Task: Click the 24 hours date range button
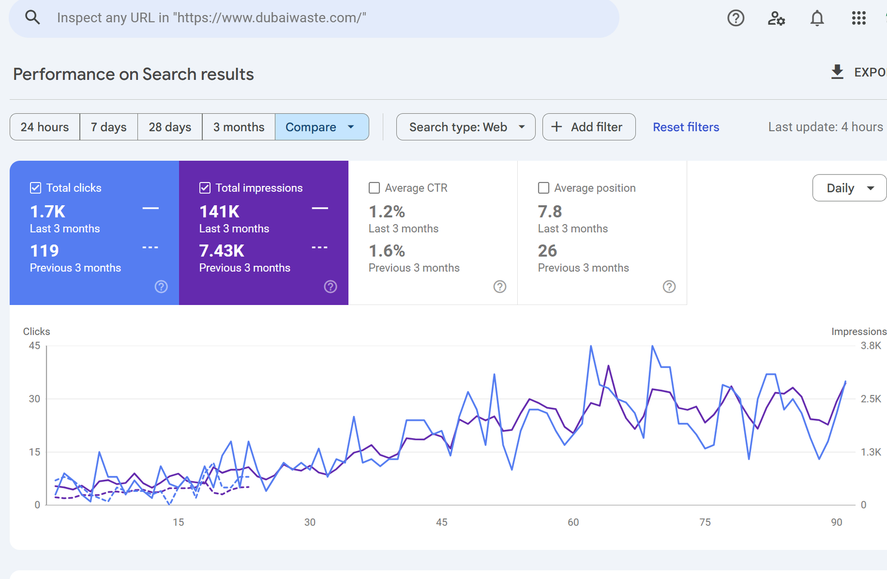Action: [45, 127]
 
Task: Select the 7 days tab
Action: [109, 127]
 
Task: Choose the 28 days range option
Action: [170, 127]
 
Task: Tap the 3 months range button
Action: [238, 127]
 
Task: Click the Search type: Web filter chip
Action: [466, 127]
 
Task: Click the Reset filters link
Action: [686, 127]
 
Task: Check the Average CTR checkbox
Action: [374, 188]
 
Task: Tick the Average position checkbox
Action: [544, 188]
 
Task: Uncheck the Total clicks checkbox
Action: [35, 188]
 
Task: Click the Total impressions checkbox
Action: [205, 188]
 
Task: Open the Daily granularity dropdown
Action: [849, 188]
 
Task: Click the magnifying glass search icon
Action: [33, 18]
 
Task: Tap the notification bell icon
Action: [817, 18]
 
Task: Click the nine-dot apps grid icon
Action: [859, 18]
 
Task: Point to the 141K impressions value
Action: [220, 211]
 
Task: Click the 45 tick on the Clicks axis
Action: [34, 346]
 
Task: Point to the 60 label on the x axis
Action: [573, 522]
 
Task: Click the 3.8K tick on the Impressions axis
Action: [870, 346]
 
